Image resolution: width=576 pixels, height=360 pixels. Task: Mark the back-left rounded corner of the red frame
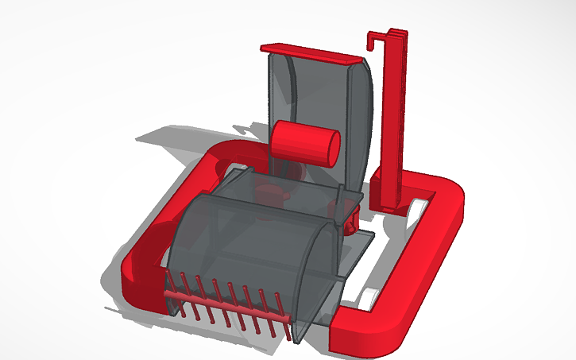pos(226,152)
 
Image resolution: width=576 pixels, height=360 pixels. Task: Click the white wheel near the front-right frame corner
pos(368,299)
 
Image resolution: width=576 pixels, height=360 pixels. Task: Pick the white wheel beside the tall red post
pos(420,208)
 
